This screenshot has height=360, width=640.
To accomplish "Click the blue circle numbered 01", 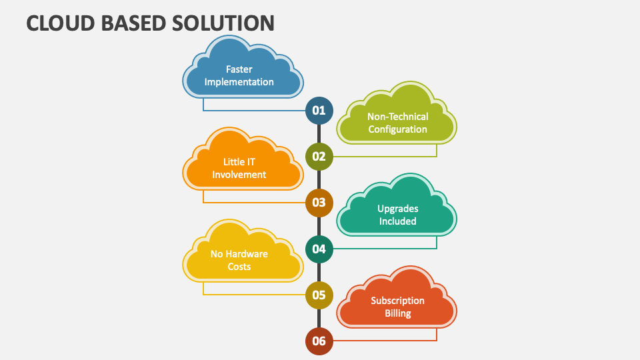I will pos(319,111).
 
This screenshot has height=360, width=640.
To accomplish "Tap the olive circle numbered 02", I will pos(319,157).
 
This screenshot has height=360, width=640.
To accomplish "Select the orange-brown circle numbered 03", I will pos(319,203).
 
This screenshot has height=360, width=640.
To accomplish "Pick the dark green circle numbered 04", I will pos(319,249).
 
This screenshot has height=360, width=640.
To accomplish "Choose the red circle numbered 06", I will pos(319,341).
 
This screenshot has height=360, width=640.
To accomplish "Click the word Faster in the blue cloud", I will pos(239,69).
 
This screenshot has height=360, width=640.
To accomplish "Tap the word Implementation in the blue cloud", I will pos(239,82).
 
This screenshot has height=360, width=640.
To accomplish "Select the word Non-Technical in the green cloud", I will pos(398,117).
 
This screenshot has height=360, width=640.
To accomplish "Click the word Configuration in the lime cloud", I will pos(398,129).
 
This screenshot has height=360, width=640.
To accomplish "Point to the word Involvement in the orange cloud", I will pos(239,175).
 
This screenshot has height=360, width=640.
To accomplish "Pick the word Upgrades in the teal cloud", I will pos(398,209).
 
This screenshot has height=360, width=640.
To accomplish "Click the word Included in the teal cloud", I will pos(398,221).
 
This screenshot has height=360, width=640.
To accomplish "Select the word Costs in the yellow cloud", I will pos(239,267).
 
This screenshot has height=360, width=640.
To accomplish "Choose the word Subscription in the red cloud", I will pos(398,301).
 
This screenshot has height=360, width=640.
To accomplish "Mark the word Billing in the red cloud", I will pos(398,313).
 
